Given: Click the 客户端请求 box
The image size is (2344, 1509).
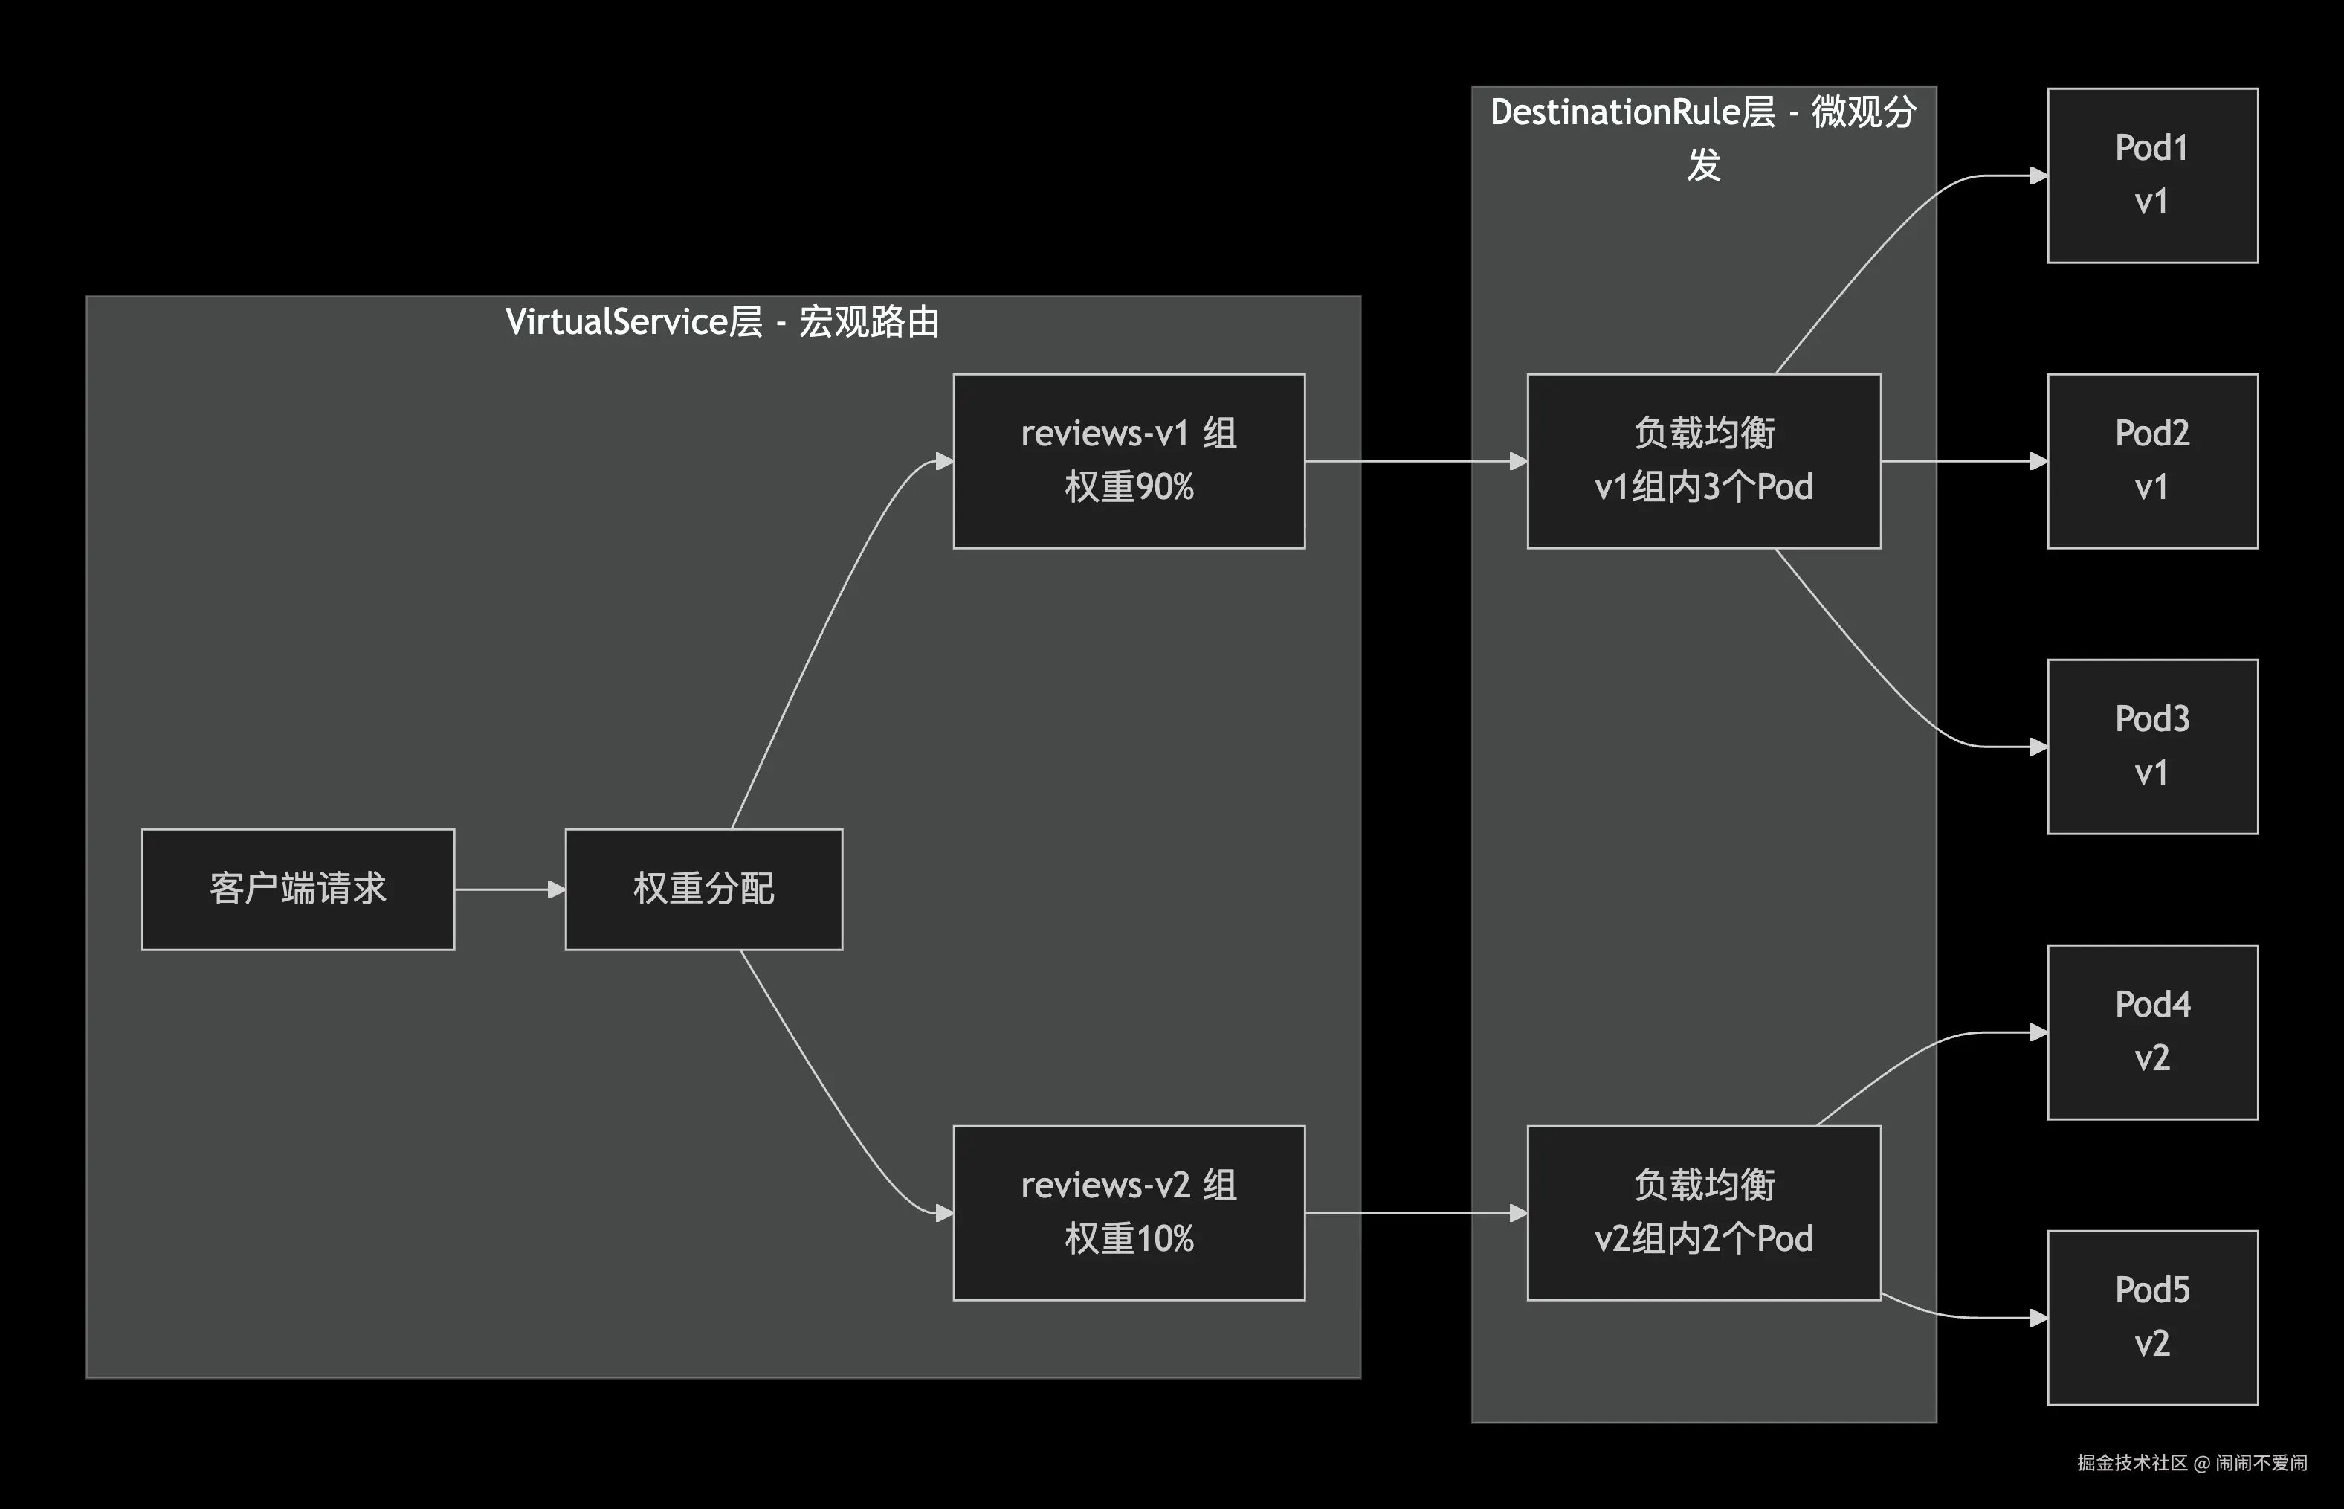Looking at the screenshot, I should [x=298, y=889].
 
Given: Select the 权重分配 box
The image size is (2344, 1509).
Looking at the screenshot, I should [x=703, y=889].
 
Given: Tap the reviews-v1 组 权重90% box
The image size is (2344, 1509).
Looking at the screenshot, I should [x=1129, y=460].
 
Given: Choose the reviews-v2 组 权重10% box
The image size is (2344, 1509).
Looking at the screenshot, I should [x=1129, y=1212].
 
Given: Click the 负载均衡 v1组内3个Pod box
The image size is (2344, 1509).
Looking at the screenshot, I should [x=1703, y=460].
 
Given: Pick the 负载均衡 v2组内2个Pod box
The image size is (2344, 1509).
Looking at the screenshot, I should [x=1703, y=1212].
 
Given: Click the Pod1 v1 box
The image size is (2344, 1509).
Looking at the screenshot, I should [x=2152, y=176].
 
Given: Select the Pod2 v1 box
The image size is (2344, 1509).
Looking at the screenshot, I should [x=2152, y=460].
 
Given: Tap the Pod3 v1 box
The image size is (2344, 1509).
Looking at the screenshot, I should [x=2152, y=746].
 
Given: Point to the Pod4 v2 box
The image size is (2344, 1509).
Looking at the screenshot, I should [x=2152, y=1032].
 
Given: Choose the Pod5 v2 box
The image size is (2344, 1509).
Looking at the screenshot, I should [x=2152, y=1317].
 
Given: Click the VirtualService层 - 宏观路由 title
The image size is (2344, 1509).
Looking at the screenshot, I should [x=722, y=322].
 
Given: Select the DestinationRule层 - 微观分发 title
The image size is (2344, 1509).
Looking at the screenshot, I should [x=1703, y=137].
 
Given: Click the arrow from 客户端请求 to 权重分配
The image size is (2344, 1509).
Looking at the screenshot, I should [x=509, y=889].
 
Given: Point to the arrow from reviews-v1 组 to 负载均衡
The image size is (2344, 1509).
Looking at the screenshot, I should [x=1415, y=460].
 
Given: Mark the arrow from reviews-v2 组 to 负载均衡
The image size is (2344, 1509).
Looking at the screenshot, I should [x=1415, y=1213].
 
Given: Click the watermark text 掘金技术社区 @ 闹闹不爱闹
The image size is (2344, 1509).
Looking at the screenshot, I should [x=2191, y=1463].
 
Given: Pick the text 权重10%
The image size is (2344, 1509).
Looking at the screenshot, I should [x=1129, y=1238].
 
